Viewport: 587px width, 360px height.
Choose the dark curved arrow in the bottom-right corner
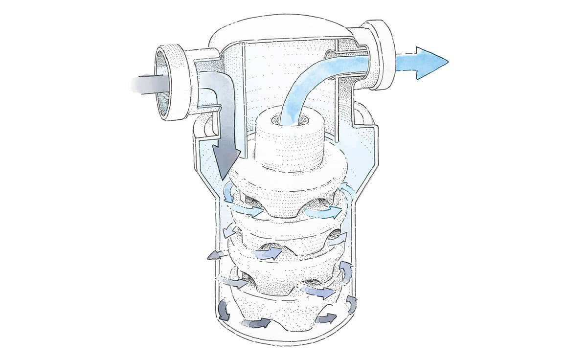point(351,303)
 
